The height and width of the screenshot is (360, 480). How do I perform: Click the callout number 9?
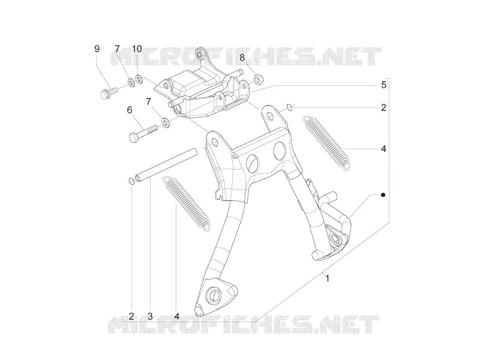97,49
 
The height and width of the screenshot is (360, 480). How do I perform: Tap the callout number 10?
137,49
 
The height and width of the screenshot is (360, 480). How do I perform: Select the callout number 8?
242,57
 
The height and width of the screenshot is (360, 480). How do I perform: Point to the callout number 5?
383,85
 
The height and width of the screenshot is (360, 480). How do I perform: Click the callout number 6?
130,110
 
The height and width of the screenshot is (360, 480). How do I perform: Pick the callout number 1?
327,278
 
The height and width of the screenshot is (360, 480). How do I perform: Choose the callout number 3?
149,316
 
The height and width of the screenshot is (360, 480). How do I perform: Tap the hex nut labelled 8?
258,79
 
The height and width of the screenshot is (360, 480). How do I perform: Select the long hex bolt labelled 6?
143,133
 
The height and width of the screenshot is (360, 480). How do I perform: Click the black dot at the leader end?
383,194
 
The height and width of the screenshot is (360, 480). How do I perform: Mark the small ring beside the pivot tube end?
131,182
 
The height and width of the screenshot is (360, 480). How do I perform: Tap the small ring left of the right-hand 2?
289,107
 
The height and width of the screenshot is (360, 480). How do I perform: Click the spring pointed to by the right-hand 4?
326,142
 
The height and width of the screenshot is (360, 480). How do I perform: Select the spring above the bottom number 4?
187,203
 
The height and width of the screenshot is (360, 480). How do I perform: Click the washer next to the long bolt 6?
166,123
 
